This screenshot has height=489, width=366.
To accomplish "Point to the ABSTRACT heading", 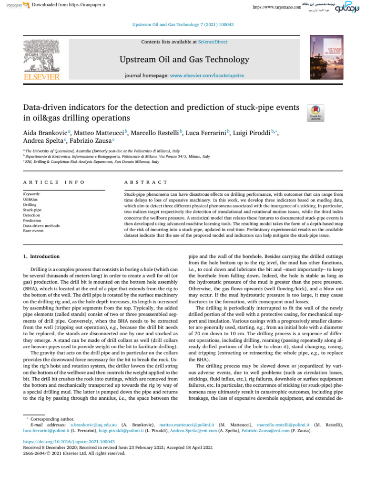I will [x=145, y=182].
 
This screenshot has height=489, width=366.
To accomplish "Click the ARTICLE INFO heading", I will [x=54, y=182].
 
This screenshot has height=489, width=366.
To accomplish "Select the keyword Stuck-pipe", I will [x=32, y=209].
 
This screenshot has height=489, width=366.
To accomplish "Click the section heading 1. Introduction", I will [x=42, y=256].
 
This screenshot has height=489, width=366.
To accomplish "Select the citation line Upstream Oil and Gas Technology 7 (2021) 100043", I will [x=183, y=24].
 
